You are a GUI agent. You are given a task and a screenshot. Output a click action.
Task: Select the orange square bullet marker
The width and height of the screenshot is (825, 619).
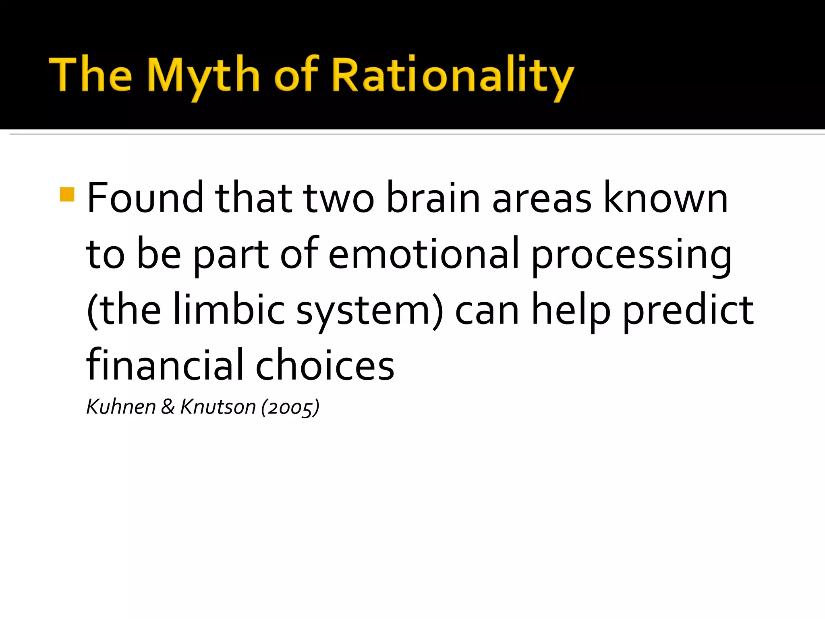[67, 194]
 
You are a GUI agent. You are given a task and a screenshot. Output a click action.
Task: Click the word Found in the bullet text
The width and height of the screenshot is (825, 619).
[145, 198]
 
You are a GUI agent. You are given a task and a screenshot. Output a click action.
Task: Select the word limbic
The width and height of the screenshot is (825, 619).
[229, 309]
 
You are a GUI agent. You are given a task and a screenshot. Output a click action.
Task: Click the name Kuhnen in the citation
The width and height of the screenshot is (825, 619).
[121, 407]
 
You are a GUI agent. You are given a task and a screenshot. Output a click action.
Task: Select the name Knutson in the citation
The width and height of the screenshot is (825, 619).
[218, 407]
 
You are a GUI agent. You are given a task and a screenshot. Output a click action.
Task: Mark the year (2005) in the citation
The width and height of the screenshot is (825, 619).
[290, 407]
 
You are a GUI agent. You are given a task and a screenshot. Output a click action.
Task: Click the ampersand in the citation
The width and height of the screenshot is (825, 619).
[168, 407]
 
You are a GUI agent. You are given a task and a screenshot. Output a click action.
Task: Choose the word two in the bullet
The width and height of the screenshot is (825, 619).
[339, 198]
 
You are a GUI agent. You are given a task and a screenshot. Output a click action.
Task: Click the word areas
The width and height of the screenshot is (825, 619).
[542, 198]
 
